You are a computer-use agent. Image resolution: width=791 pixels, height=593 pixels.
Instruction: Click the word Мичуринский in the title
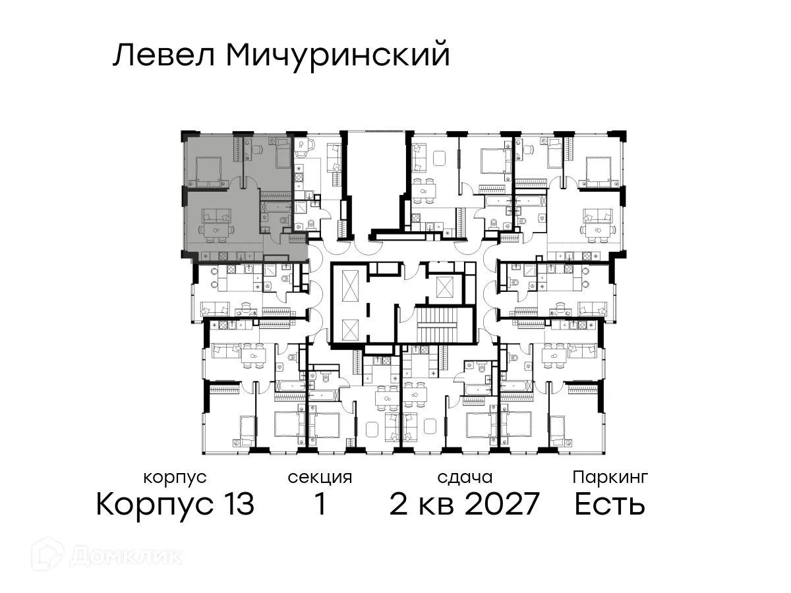click(x=337, y=55)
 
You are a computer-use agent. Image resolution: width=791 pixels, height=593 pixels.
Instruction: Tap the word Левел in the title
click(x=165, y=55)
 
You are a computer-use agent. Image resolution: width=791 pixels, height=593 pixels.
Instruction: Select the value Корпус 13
click(x=175, y=505)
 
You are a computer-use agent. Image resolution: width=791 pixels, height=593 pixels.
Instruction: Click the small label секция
click(x=320, y=477)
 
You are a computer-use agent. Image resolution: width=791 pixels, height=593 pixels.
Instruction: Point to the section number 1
click(x=320, y=505)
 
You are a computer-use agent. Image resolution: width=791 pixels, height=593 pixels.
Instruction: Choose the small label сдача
click(x=464, y=477)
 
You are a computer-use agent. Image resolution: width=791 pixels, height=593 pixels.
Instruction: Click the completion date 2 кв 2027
click(x=464, y=505)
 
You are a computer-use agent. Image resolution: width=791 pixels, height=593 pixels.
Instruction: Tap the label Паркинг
click(x=610, y=477)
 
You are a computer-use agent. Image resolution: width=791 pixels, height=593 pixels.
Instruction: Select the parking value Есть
click(x=609, y=505)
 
